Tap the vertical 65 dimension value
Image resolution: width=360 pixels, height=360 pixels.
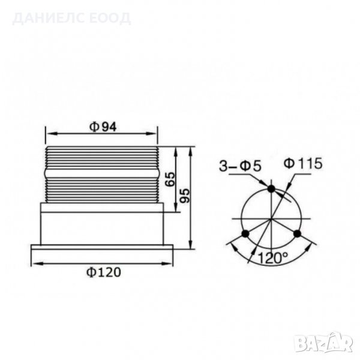[170, 178]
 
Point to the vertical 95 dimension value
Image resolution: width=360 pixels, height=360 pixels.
[185, 195]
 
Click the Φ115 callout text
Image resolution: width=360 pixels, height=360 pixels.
[303, 163]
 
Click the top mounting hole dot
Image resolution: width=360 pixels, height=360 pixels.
[271, 189]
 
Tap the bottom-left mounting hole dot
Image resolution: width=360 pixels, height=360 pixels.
[244, 233]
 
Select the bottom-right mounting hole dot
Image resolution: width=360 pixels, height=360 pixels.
[296, 233]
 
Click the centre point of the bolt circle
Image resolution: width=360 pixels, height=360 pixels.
[271, 218]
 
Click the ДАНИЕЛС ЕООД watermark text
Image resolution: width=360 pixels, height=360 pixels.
[71, 18]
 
